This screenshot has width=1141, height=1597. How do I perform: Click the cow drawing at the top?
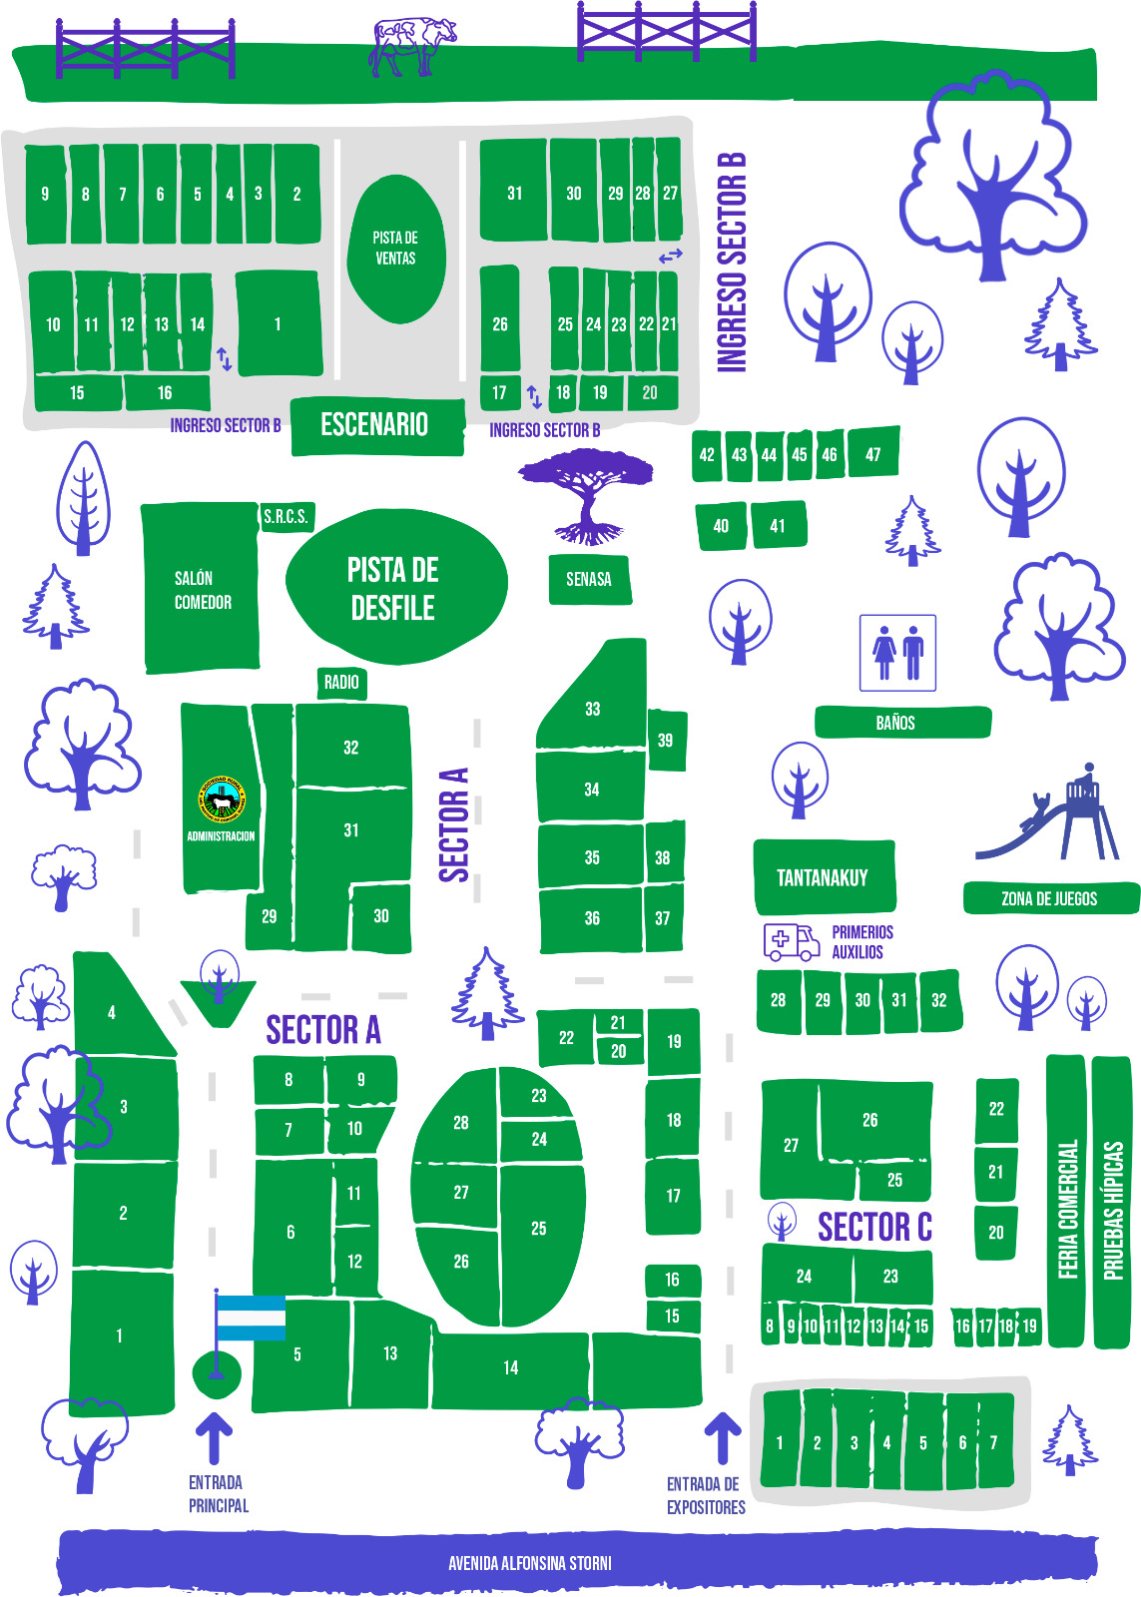coord(411,46)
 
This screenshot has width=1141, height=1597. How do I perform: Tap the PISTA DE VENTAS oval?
coord(395,249)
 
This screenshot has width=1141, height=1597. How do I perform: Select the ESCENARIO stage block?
coord(376,425)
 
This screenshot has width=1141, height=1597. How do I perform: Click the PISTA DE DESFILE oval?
coord(394,588)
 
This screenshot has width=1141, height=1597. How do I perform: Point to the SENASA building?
coord(589,579)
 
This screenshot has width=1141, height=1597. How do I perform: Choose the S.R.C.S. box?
coord(285,517)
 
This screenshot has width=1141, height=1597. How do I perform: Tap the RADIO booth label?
coord(341,683)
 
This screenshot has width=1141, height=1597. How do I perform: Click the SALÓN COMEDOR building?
coord(201,589)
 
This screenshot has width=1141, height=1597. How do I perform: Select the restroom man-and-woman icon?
coord(897,653)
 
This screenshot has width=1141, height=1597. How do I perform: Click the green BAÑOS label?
coord(901,723)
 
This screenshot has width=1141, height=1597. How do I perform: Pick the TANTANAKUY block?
coord(824,877)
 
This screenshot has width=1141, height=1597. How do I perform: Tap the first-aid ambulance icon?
coord(791,941)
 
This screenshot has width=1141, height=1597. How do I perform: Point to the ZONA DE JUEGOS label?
coord(1050,898)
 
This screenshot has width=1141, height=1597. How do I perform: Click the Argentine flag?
coord(248,1319)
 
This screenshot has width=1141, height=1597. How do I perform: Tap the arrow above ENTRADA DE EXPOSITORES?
coord(723,1438)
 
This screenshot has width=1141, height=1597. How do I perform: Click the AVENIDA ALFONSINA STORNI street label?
coord(530,1563)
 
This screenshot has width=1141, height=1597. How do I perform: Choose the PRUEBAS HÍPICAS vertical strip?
coord(1112,1203)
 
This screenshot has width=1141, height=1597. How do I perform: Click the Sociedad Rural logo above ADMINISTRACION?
coord(222,798)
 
